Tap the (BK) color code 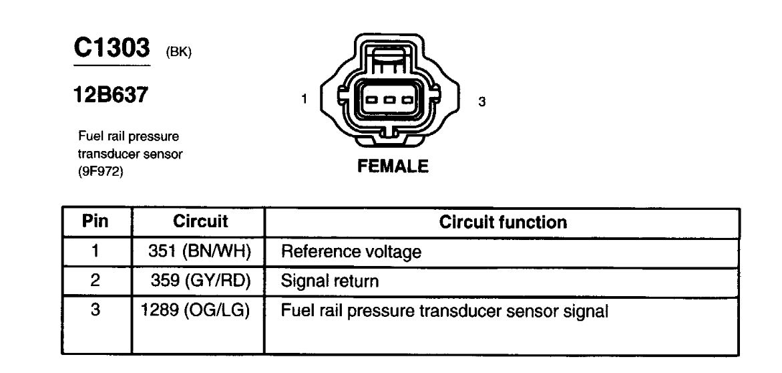pyautogui.click(x=178, y=53)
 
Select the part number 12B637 pyautogui.click(x=112, y=96)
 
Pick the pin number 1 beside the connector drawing pyautogui.click(x=304, y=99)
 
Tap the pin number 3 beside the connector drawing pyautogui.click(x=481, y=102)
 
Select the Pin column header pyautogui.click(x=95, y=221)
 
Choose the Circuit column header pyautogui.click(x=200, y=221)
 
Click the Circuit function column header pyautogui.click(x=503, y=222)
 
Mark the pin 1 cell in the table pyautogui.click(x=95, y=251)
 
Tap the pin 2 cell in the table pyautogui.click(x=95, y=281)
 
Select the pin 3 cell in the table pyautogui.click(x=95, y=311)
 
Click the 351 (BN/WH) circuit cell pyautogui.click(x=200, y=251)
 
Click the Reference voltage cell pyautogui.click(x=351, y=252)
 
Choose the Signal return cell pyautogui.click(x=330, y=281)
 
